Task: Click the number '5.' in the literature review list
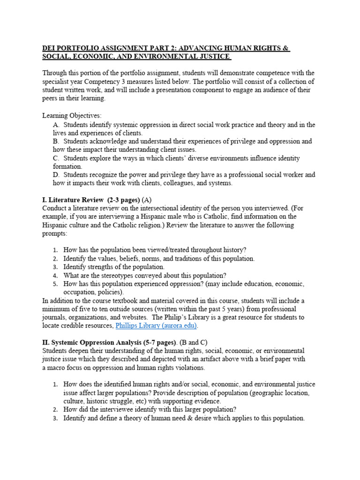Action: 55,284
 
